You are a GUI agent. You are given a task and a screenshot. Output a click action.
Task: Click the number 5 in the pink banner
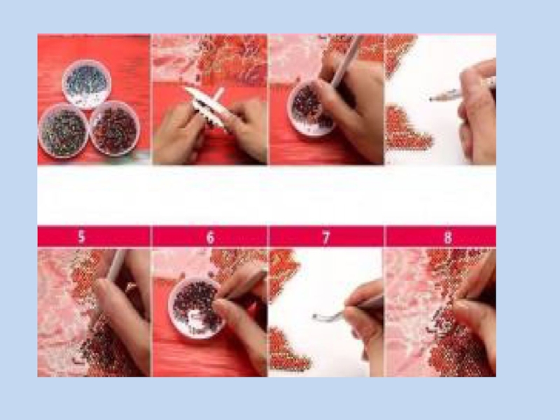pyautogui.click(x=81, y=237)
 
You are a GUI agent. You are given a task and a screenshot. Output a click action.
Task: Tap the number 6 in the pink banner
pyautogui.click(x=211, y=237)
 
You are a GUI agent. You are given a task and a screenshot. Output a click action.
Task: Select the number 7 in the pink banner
pyautogui.click(x=325, y=237)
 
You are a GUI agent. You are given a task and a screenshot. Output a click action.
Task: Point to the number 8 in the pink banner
pyautogui.click(x=448, y=237)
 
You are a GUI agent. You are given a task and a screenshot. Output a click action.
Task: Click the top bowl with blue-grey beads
pyautogui.click(x=86, y=84)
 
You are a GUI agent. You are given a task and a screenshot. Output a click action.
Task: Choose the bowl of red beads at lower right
pyautogui.click(x=115, y=129)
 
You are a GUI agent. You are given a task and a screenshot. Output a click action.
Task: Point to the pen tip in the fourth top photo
pyautogui.click(x=432, y=98)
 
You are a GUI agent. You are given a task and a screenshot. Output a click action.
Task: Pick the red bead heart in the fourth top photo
pyautogui.click(x=407, y=129)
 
